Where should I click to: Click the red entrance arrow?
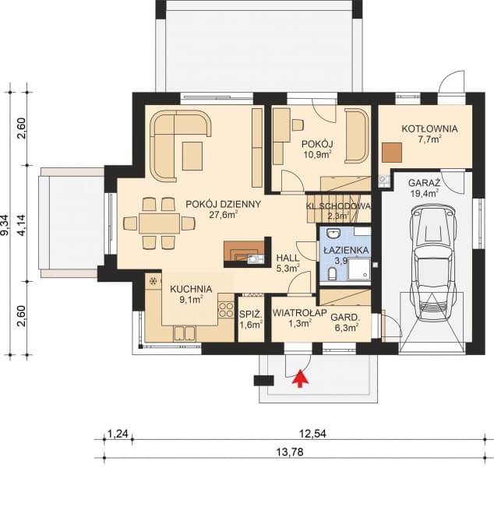(x=300, y=378)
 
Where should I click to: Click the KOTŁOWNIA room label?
(x=429, y=128)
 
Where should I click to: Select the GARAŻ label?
(x=424, y=182)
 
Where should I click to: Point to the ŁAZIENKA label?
(x=346, y=251)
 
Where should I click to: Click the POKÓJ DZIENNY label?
(x=224, y=204)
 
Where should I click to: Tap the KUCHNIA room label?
(x=191, y=289)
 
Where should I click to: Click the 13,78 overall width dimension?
(x=290, y=452)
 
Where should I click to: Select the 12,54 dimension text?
(x=312, y=434)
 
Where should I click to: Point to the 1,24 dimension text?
(x=118, y=434)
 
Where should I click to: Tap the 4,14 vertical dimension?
(x=22, y=224)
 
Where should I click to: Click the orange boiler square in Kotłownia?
(x=392, y=153)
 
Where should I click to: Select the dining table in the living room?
(x=160, y=223)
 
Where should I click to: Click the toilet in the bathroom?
(x=332, y=274)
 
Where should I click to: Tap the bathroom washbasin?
(x=333, y=234)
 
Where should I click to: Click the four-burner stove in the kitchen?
(x=226, y=310)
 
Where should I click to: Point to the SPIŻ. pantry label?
(x=251, y=315)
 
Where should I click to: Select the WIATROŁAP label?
(x=300, y=313)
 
